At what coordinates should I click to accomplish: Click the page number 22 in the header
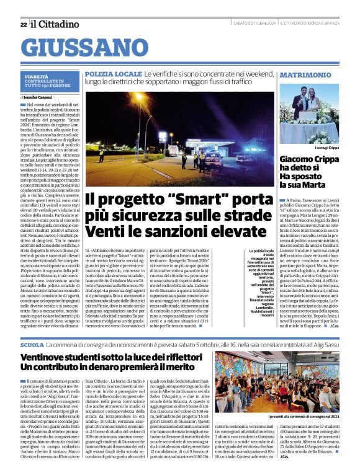[x=23, y=24]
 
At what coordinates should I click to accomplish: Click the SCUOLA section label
[x=32, y=344]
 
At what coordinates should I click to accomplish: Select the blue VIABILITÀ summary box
[x=48, y=81]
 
